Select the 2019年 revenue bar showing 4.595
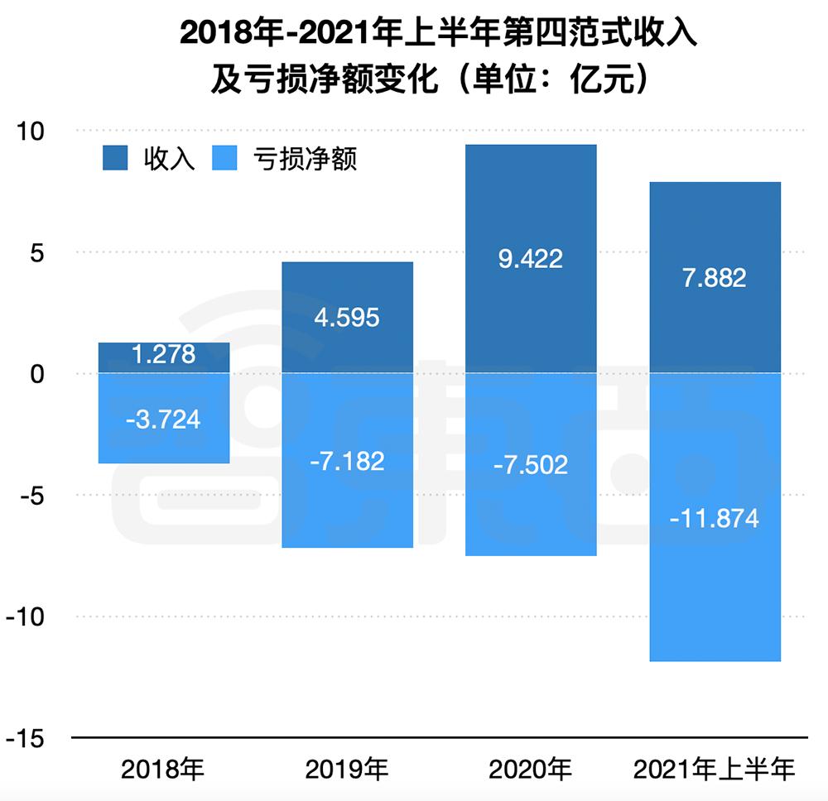tap(347, 318)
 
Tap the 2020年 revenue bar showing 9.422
tap(531, 259)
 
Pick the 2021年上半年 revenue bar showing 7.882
tap(715, 277)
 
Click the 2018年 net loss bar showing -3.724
tap(163, 418)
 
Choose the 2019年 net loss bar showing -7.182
tap(347, 460)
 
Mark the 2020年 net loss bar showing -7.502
tap(531, 464)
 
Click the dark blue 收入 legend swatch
tap(115, 158)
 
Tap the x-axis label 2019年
tap(347, 770)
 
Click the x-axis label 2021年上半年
tap(715, 770)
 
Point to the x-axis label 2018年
tap(163, 770)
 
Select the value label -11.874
tap(715, 520)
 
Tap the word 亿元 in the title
tap(595, 80)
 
